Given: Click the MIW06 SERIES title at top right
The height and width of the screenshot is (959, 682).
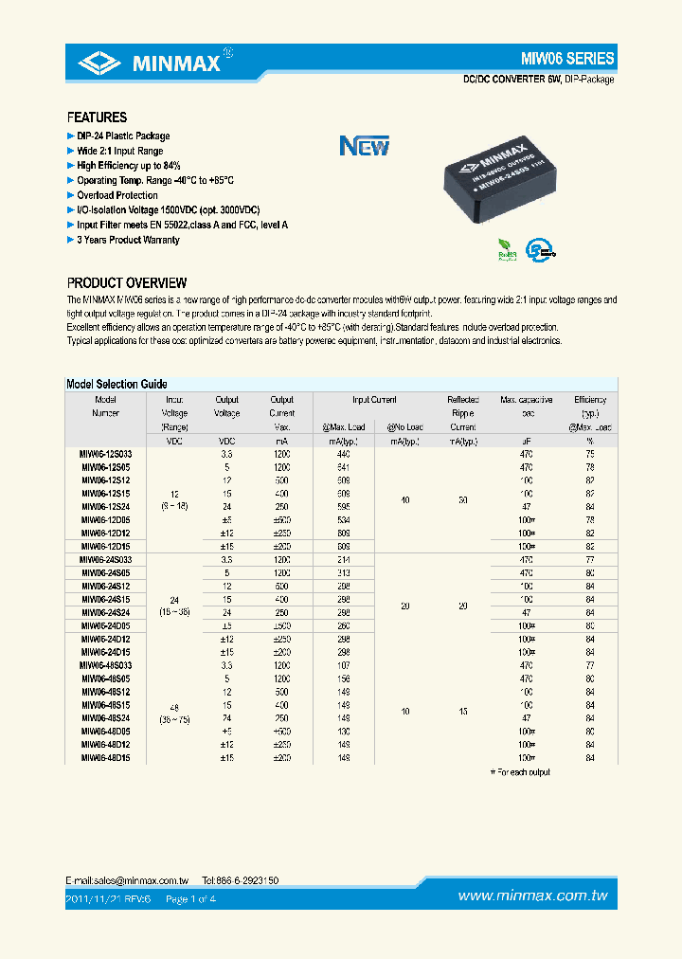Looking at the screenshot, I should pos(567,59).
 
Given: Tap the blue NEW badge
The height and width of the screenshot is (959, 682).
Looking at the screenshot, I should pos(365,146).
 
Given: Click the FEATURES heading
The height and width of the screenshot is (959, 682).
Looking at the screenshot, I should pos(97,118).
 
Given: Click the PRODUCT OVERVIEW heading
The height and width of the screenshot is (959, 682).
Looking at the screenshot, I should pos(126,283).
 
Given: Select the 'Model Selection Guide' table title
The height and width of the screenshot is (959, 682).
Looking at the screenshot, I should pos(117,384).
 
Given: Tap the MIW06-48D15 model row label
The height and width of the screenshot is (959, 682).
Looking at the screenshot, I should pos(106,756).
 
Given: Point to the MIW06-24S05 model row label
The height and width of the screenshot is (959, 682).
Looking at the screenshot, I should pos(106,571).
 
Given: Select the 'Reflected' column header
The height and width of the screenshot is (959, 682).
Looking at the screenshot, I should pos(462,400).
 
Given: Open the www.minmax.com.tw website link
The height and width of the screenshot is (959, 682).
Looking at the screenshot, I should pos(532,896).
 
